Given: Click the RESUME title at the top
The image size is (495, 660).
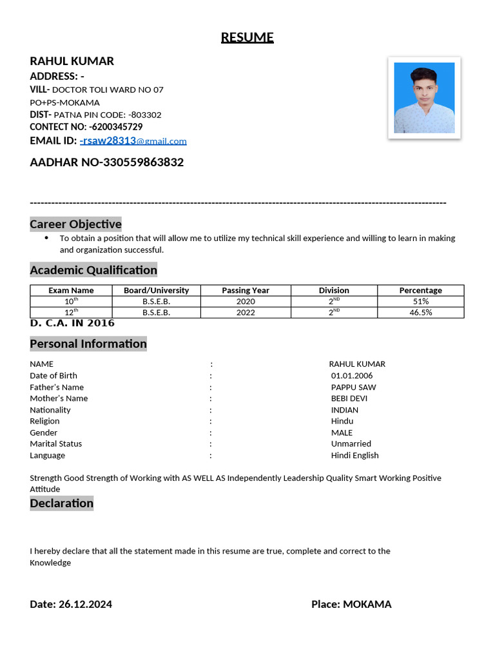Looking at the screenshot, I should point(247,37).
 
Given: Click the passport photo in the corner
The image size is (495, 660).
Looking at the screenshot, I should point(423,97).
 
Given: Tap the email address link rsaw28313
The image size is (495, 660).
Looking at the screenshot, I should point(133,141).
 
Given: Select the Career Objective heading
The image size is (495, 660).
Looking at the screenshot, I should point(75,224).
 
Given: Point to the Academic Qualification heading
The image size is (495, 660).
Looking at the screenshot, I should point(93,270).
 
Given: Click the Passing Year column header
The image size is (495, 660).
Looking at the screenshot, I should point(246,291).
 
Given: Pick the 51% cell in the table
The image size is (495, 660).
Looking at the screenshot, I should point(420,302).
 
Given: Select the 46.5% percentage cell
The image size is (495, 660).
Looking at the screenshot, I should point(420,313).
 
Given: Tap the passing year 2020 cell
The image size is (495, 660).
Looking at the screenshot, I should point(246,302).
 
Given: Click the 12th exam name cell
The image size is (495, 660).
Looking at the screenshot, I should point(71,313).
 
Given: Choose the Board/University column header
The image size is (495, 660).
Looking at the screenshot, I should point(157,291).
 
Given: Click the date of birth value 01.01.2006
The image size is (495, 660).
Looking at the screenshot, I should point(351,376).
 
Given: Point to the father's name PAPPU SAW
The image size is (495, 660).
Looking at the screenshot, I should point(353,387).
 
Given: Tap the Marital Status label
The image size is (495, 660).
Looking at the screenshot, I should point(56,444).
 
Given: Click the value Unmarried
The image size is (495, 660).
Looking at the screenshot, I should point(351,444).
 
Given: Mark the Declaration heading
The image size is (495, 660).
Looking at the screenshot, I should point(62,503).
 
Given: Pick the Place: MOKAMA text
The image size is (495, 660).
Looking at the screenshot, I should point(351,605).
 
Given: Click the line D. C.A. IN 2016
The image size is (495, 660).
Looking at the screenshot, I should point(72,323).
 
